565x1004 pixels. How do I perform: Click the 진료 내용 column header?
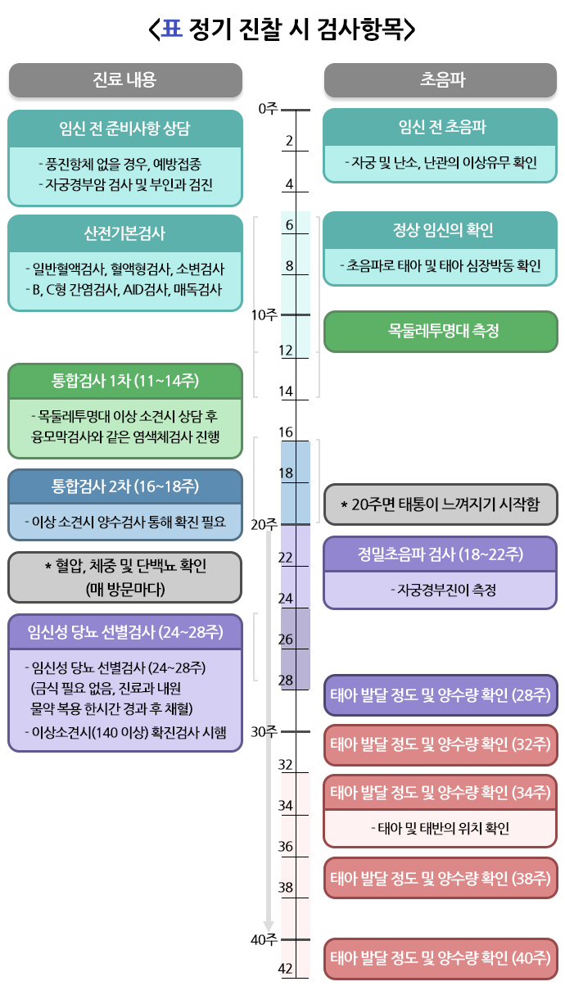(x=124, y=79)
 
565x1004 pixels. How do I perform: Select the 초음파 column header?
(x=441, y=79)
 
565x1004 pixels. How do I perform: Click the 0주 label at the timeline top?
(x=268, y=108)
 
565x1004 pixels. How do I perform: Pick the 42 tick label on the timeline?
(x=286, y=969)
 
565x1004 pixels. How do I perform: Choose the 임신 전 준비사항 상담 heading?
(x=124, y=129)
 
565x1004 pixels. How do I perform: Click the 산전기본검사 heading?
(x=124, y=233)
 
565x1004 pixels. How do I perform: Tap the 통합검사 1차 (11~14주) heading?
(x=124, y=381)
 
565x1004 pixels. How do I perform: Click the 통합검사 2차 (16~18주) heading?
(x=124, y=486)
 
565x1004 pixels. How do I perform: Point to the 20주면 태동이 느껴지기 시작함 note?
(x=441, y=504)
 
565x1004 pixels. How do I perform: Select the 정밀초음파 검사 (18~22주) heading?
(x=441, y=554)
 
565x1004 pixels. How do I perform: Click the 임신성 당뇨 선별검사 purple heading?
(x=124, y=631)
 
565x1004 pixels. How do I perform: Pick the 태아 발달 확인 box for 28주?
(x=441, y=695)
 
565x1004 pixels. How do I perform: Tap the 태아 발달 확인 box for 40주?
(x=441, y=958)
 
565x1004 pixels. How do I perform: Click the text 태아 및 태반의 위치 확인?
(x=441, y=828)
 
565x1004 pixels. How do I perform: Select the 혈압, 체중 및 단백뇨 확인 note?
(x=124, y=577)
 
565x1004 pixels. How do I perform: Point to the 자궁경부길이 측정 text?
(x=441, y=590)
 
